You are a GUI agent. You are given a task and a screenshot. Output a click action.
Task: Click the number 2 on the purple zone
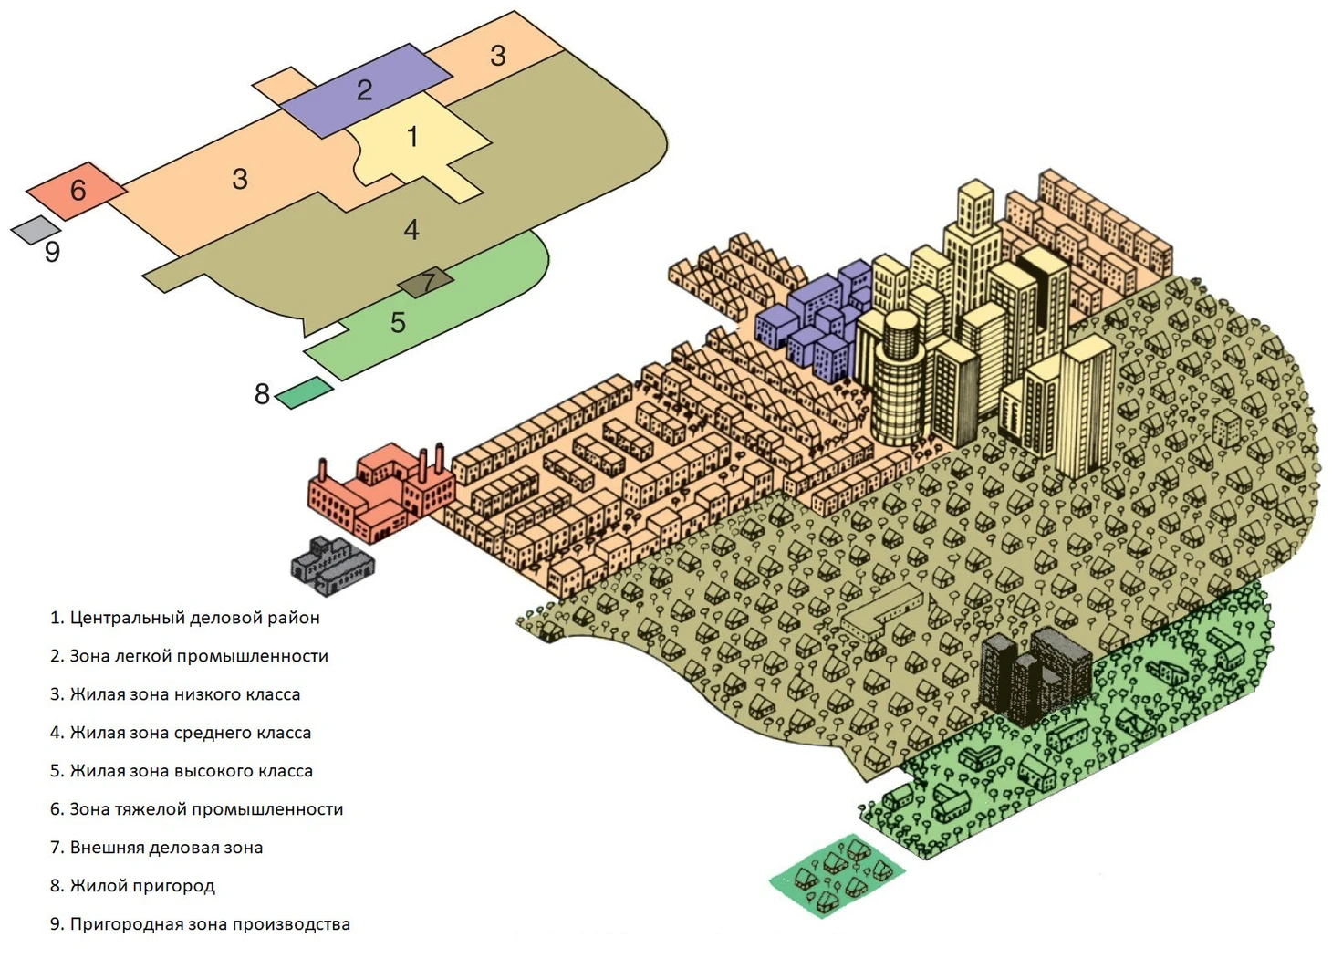click(x=364, y=89)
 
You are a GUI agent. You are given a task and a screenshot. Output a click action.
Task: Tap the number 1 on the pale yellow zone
click(x=412, y=137)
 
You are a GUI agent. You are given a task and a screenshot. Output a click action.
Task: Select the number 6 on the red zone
click(x=78, y=190)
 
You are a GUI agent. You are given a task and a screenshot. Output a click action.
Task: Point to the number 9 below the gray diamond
click(x=52, y=252)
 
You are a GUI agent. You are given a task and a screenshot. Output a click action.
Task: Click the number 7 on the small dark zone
click(x=427, y=282)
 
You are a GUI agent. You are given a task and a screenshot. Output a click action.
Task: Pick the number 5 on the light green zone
click(x=398, y=322)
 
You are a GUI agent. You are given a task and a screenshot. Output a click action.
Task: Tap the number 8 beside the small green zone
click(x=262, y=394)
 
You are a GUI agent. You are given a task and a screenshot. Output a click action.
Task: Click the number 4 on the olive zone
click(x=411, y=229)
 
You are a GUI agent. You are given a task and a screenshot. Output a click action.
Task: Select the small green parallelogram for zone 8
click(x=304, y=392)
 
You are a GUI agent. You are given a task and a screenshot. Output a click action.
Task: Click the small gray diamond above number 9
click(x=36, y=229)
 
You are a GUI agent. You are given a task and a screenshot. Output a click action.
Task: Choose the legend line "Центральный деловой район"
click(x=185, y=618)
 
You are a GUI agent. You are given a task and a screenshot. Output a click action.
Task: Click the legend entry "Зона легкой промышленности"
click(x=189, y=656)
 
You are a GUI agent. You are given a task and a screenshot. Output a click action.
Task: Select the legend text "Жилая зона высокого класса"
click(x=182, y=771)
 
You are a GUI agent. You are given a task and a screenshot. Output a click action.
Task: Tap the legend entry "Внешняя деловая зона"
click(x=157, y=848)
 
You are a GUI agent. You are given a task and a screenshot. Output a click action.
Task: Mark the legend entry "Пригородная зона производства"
click(x=200, y=924)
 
